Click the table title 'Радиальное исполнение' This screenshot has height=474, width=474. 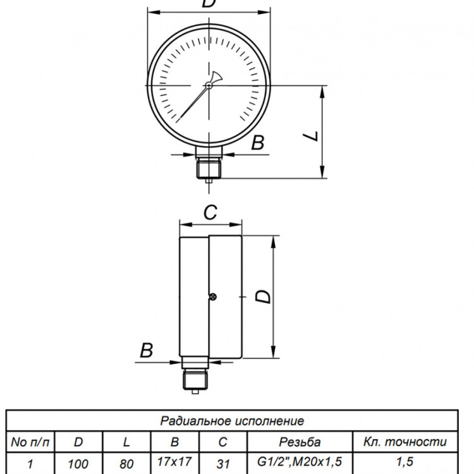pyautogui.click(x=232, y=421)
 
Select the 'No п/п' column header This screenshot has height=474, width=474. pyautogui.click(x=30, y=442)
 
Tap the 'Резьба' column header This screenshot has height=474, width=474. pyautogui.click(x=300, y=442)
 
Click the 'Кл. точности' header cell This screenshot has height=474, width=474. pyautogui.click(x=404, y=442)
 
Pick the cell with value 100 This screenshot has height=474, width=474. pyautogui.click(x=78, y=464)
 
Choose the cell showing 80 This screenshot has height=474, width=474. pyautogui.click(x=126, y=464)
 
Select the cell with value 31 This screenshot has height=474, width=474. pyautogui.click(x=223, y=464)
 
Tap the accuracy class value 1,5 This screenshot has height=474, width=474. pyautogui.click(x=404, y=462)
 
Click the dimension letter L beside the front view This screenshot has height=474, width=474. pyautogui.click(x=311, y=137)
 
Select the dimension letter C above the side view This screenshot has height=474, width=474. pyautogui.click(x=210, y=212)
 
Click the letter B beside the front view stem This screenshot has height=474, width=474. pyautogui.click(x=258, y=143)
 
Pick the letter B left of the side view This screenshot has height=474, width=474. pyautogui.click(x=147, y=350)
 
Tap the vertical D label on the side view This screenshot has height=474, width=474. pyautogui.click(x=263, y=296)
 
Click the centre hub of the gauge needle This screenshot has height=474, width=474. pyautogui.click(x=209, y=85)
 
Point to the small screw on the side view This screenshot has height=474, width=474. pyautogui.click(x=213, y=297)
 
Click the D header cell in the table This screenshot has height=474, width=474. pyautogui.click(x=78, y=442)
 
